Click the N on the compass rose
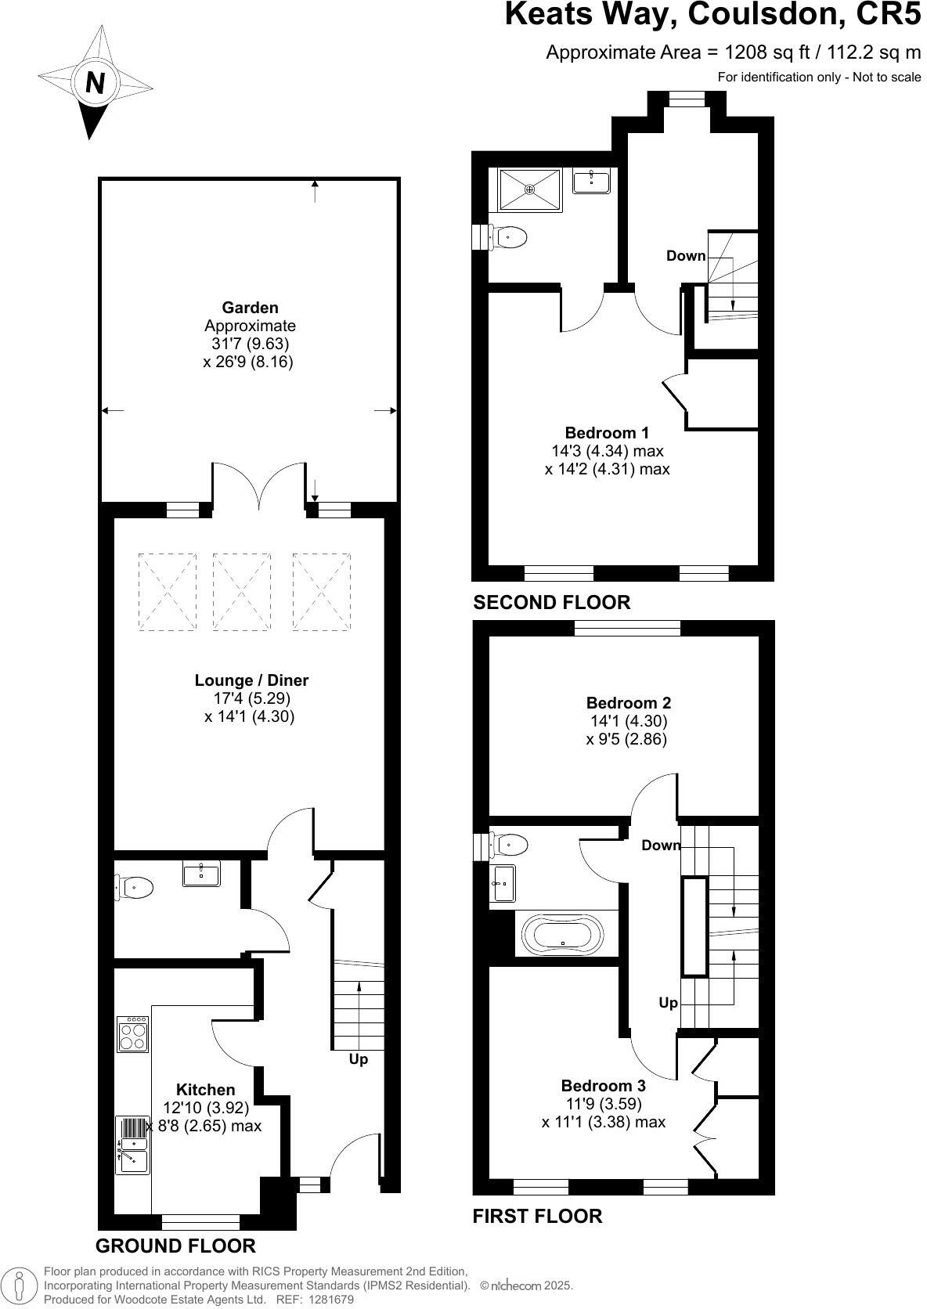pos(95,82)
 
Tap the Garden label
pos(249,308)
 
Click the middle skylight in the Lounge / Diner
pos(241,592)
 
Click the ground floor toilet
pos(135,887)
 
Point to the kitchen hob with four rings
pos(133,1034)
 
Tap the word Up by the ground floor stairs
pos(358,1059)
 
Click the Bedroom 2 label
pos(628,703)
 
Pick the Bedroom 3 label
pos(603,1086)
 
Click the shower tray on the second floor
pos(530,189)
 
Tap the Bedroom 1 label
pos(607,433)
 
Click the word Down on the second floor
pos(686,256)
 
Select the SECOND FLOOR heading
pos(551,602)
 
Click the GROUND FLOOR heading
pos(175,1246)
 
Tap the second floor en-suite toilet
pos(509,235)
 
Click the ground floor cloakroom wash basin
pos(201,873)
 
